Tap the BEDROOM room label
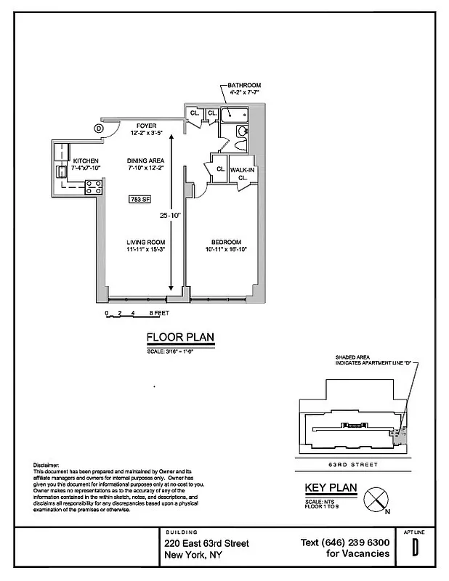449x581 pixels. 226,243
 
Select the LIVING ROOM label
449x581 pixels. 145,243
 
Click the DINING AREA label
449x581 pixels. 146,161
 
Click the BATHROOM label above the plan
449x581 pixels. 243,86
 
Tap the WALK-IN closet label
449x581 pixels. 241,170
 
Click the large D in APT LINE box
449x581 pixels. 416,548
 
